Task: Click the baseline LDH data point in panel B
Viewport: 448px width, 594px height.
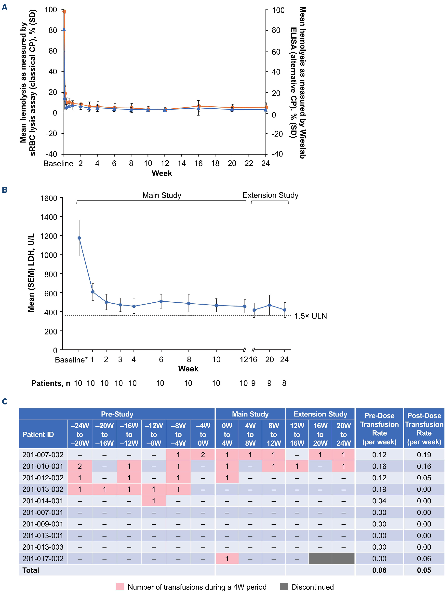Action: (x=79, y=238)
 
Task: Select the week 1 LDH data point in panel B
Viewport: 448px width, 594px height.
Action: (x=93, y=292)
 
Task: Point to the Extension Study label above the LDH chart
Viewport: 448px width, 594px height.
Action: (x=270, y=195)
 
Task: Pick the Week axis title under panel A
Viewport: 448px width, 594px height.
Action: (x=161, y=173)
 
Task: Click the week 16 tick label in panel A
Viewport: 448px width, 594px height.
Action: (x=198, y=164)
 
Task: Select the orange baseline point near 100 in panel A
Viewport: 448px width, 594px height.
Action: (x=64, y=12)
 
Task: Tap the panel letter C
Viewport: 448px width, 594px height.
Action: (x=5, y=402)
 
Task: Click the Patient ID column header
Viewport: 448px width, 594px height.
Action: (x=38, y=434)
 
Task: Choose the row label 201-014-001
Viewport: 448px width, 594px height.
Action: (x=43, y=501)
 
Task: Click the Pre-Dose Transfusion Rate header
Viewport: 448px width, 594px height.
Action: (x=379, y=429)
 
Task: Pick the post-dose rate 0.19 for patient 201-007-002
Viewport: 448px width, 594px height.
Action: (x=424, y=455)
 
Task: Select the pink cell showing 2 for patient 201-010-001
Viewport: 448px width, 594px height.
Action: (x=80, y=466)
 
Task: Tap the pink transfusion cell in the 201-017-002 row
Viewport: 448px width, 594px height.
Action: (x=227, y=559)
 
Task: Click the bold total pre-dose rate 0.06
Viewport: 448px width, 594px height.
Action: (x=379, y=570)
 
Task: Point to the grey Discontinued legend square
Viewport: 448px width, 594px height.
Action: (x=284, y=587)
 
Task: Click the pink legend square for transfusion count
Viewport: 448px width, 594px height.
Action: (x=120, y=587)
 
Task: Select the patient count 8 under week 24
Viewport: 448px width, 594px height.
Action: (x=284, y=383)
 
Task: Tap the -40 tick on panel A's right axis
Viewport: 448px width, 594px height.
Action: (x=278, y=154)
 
